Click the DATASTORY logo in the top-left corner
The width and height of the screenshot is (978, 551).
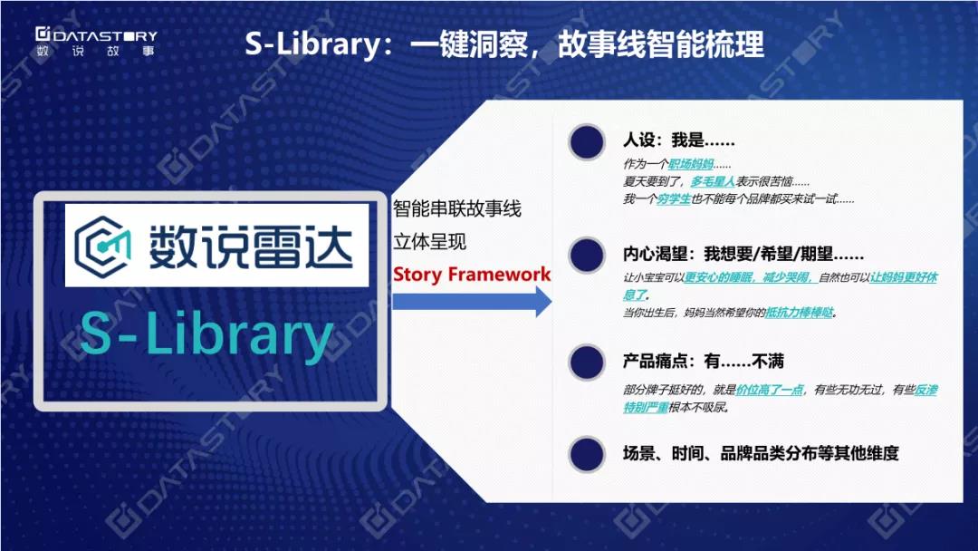95,43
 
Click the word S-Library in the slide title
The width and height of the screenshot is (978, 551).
312,44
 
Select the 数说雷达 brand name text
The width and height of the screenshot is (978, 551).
251,246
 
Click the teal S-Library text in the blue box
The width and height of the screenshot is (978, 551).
206,335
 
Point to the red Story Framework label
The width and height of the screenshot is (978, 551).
472,275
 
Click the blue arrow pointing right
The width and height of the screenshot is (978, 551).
472,302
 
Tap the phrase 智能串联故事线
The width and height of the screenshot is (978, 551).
457,208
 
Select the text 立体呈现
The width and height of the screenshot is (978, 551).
430,241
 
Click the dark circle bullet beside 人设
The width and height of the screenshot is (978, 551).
587,142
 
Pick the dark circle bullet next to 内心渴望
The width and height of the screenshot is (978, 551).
587,256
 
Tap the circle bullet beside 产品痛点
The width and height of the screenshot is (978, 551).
587,362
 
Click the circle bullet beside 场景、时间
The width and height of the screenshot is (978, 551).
587,454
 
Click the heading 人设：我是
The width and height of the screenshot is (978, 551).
678,140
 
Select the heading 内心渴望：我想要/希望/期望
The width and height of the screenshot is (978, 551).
743,254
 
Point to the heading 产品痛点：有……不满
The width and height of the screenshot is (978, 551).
703,361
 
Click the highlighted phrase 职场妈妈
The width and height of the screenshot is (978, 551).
690,164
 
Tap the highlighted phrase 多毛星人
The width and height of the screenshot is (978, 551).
713,181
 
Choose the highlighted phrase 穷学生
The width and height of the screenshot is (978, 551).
674,199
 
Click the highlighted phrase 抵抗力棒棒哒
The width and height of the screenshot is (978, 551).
799,312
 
